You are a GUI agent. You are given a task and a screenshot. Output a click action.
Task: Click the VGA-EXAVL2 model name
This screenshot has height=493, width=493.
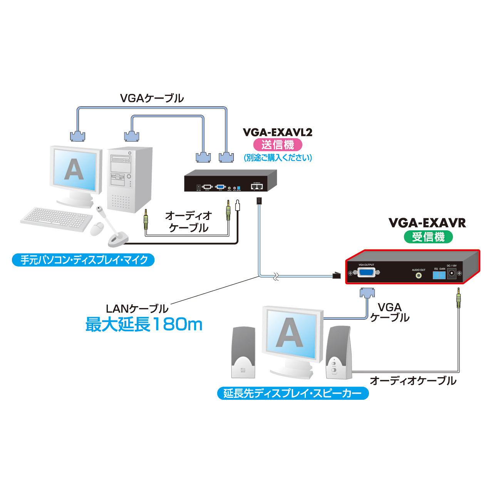point(277,132)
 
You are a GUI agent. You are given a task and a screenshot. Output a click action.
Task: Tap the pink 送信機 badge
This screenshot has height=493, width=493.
point(277,145)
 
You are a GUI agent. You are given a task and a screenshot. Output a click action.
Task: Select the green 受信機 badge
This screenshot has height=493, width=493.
point(428,236)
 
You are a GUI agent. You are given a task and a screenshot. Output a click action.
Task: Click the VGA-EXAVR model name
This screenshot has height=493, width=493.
point(427,223)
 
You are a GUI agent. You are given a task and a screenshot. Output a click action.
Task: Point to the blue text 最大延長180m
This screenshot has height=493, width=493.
point(144,324)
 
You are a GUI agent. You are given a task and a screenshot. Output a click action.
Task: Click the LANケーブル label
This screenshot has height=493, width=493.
point(137,309)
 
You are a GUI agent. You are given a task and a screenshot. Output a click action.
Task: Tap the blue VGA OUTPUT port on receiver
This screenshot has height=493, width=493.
point(366,272)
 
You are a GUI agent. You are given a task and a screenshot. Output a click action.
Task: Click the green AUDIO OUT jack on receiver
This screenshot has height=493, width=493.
point(418,275)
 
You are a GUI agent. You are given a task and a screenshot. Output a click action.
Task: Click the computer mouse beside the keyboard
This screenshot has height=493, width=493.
point(97,229)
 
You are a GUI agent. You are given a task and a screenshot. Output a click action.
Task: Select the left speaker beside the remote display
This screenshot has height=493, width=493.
point(243,352)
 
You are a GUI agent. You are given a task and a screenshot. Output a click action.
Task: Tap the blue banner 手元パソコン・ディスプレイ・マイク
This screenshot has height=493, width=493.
point(83,260)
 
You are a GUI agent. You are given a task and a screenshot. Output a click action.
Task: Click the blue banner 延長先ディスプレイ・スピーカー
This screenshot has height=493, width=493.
point(293,393)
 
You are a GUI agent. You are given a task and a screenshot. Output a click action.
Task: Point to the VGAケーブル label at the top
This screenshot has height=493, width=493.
point(152,98)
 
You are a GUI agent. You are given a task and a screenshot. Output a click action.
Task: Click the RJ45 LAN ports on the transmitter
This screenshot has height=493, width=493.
point(257,186)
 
